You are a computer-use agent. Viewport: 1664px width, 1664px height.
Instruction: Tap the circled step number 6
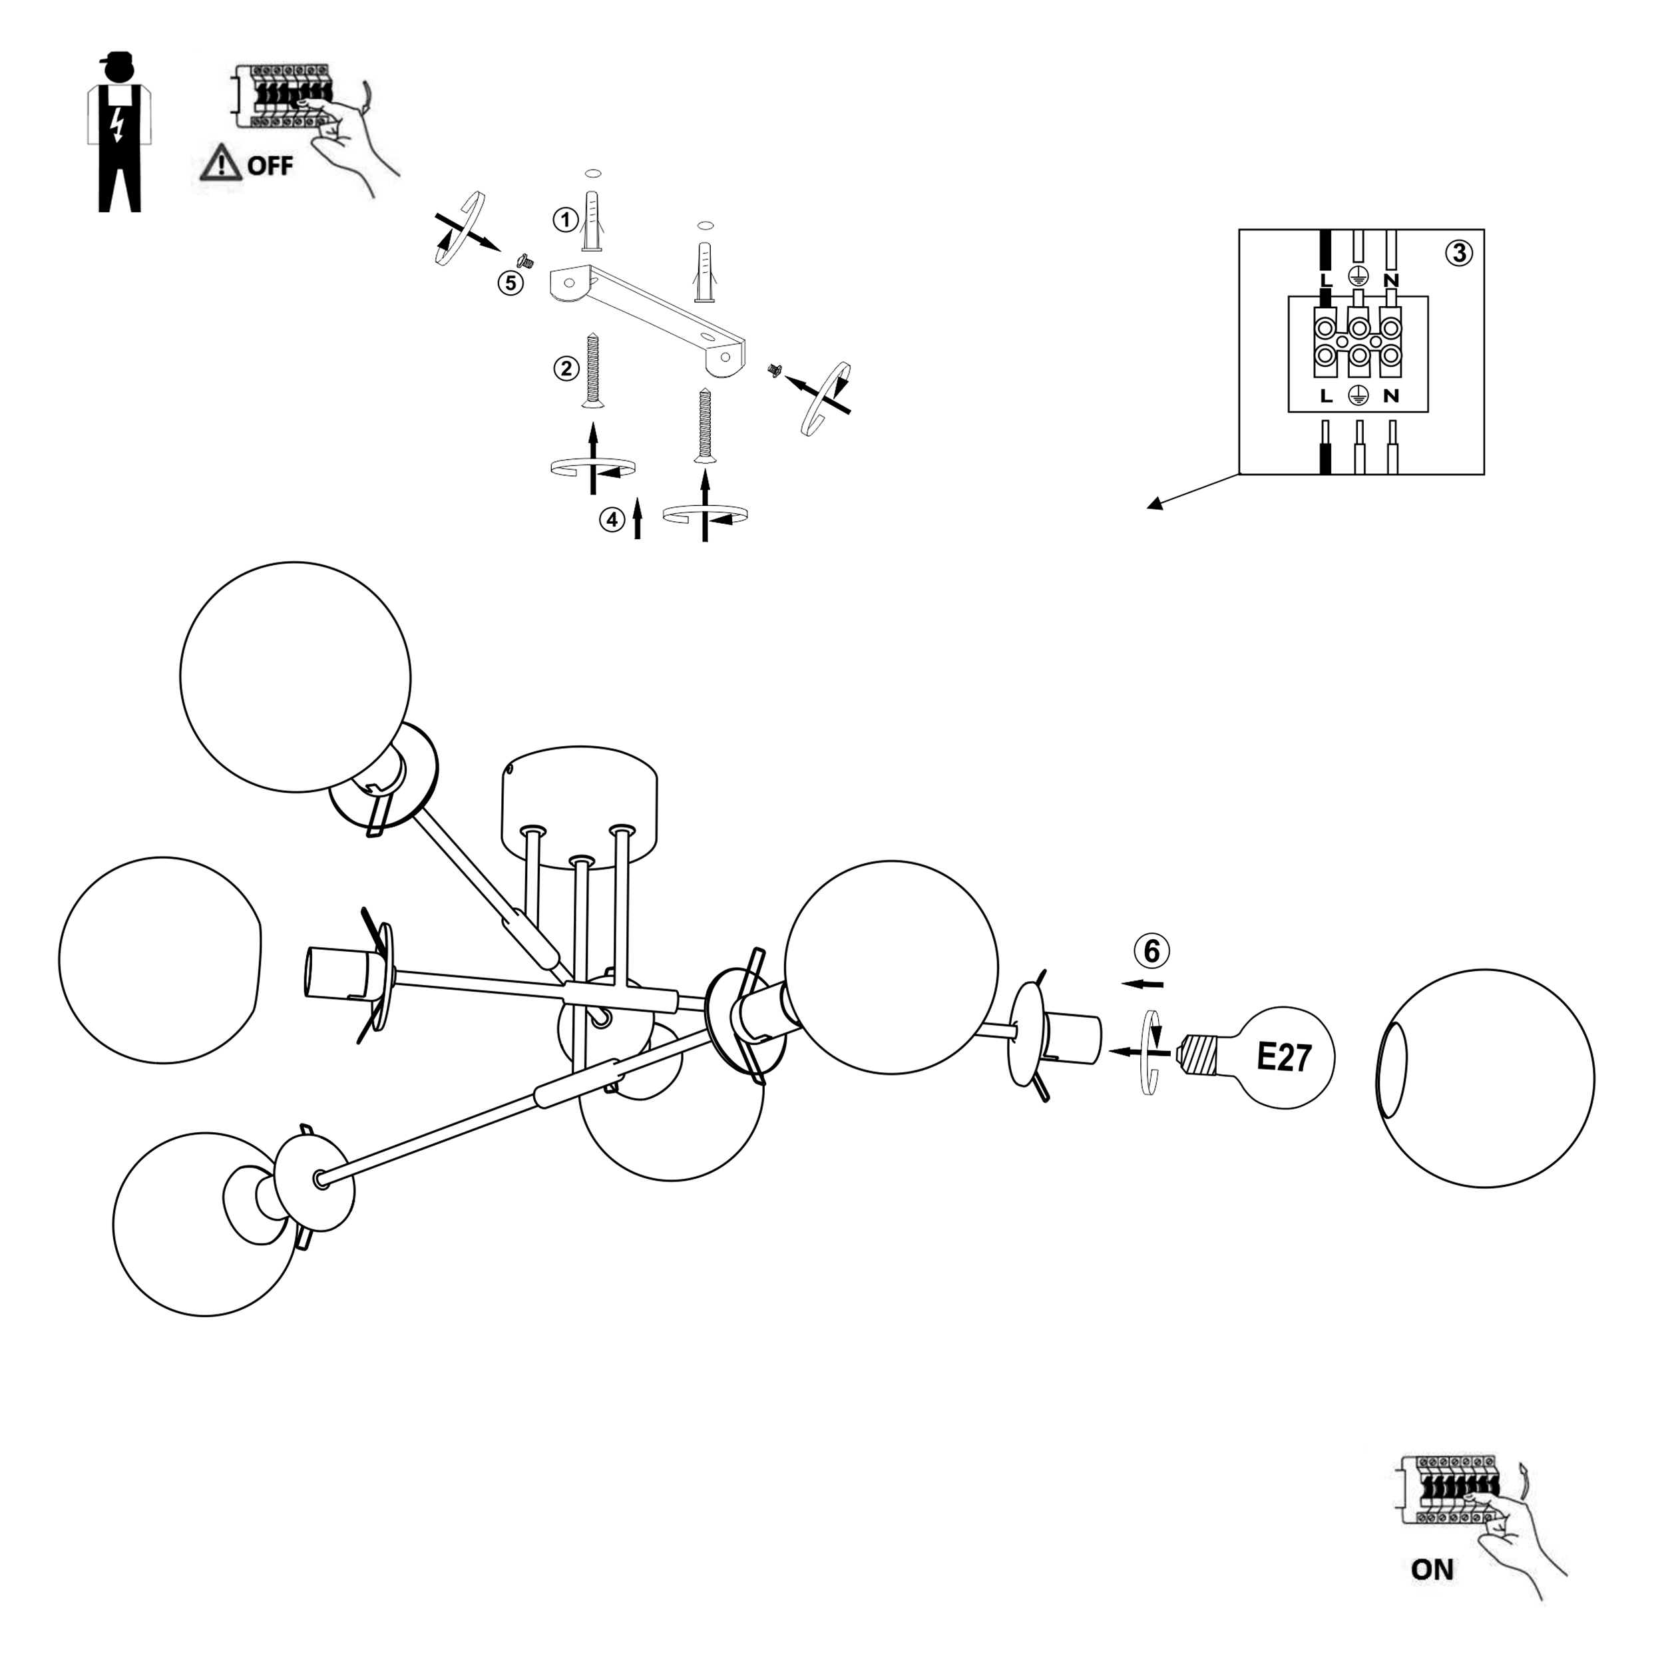[x=1151, y=952]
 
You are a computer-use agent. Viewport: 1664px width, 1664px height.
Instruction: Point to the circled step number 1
[x=565, y=220]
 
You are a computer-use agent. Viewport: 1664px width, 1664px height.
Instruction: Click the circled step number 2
[x=566, y=369]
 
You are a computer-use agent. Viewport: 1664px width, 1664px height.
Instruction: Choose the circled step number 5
[x=511, y=282]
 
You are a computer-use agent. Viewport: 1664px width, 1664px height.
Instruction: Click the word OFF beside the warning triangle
[x=270, y=164]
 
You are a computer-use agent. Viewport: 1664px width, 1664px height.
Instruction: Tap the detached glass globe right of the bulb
[x=1485, y=1078]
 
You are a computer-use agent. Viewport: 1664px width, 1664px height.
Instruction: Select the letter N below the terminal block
[x=1391, y=396]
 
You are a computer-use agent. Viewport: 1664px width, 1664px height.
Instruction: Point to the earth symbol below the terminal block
[x=1358, y=395]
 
